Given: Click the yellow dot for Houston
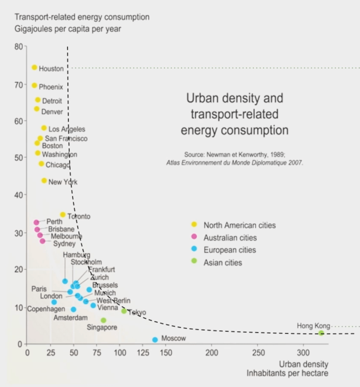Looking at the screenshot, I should click(34, 68).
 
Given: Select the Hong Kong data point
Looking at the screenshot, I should click(321, 333).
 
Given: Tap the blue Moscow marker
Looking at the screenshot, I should click(155, 340).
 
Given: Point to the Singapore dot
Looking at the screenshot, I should click(104, 320).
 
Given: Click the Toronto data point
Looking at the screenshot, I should click(63, 215).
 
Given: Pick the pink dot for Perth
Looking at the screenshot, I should click(36, 222).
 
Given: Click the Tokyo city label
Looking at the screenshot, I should click(137, 312).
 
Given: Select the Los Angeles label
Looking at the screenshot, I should click(67, 129).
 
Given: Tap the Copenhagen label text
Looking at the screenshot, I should click(46, 309).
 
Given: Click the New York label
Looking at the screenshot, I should click(63, 182).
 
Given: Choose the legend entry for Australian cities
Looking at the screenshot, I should click(230, 238).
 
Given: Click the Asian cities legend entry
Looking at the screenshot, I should click(223, 263).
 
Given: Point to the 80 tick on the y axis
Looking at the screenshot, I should click(19, 47).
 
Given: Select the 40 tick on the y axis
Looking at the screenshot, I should click(19, 195).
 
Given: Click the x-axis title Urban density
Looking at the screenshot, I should click(304, 364).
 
